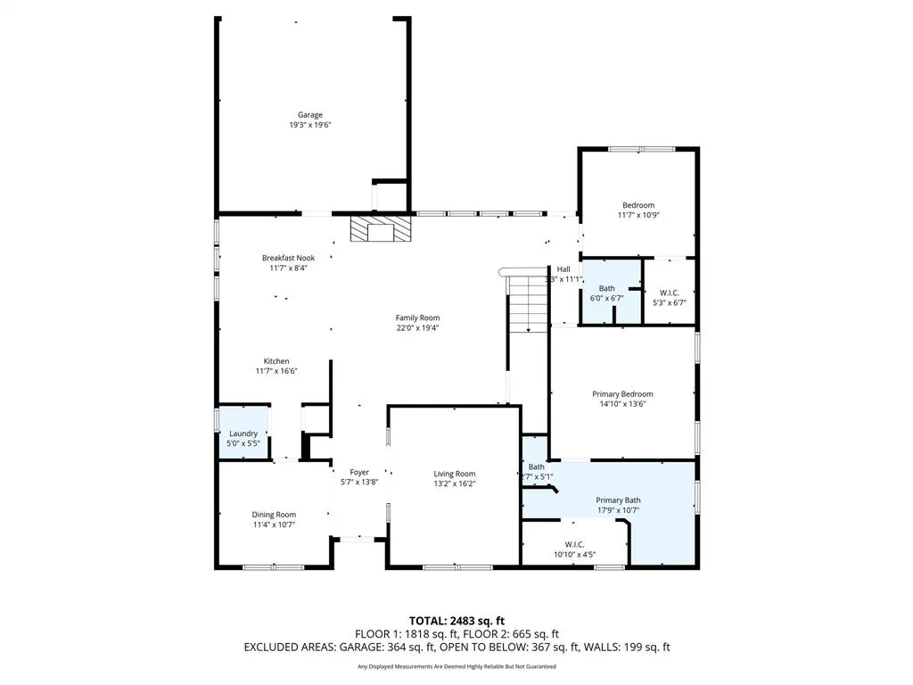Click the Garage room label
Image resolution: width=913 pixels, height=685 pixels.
tap(310, 115)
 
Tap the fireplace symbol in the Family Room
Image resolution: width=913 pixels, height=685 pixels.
tap(382, 230)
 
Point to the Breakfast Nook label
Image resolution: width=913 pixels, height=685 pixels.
tap(288, 258)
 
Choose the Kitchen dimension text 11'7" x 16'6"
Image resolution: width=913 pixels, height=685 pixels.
tap(276, 371)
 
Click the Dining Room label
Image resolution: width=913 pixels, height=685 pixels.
tap(274, 515)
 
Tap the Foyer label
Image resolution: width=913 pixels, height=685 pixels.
tap(359, 472)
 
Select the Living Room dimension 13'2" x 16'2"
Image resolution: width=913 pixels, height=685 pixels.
tap(455, 484)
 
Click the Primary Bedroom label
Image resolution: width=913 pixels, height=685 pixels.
tap(622, 393)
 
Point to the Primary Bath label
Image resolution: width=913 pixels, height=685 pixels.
tap(618, 500)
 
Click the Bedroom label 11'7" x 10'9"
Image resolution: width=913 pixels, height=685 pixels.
tap(638, 205)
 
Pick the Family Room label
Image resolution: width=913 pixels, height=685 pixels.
tap(417, 318)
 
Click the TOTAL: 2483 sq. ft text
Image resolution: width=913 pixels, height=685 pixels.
tap(456, 620)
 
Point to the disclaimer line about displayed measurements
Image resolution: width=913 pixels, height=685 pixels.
tap(456, 666)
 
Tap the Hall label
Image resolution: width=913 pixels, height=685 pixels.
tap(563, 269)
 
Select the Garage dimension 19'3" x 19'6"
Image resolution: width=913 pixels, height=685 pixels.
tap(310, 126)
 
